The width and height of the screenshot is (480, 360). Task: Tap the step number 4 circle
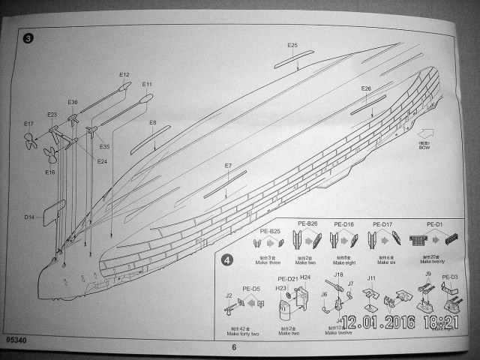pyautogui.click(x=228, y=261)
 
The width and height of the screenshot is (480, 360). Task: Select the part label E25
pyautogui.click(x=292, y=45)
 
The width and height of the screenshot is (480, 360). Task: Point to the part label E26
pyautogui.click(x=366, y=88)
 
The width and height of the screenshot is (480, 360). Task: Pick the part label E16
pyautogui.click(x=49, y=172)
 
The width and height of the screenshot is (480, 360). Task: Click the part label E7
pyautogui.click(x=228, y=165)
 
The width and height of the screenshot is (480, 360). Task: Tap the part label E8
pyautogui.click(x=152, y=122)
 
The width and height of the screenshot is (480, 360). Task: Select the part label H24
pyautogui.click(x=305, y=277)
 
